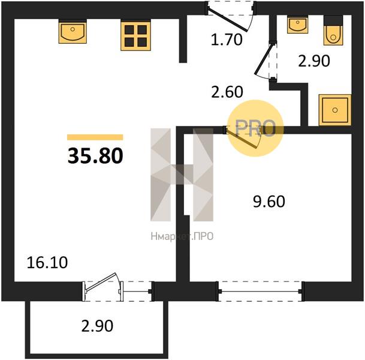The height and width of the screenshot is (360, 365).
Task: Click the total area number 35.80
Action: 95,156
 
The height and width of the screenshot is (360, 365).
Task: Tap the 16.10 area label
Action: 47,262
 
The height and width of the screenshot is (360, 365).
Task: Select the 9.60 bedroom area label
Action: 269,202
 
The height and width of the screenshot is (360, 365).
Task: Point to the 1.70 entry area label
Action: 227,40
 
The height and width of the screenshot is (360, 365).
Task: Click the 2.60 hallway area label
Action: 227,92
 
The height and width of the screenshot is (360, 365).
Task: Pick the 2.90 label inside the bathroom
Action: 314,61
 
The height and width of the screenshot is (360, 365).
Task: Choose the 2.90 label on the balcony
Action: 97,326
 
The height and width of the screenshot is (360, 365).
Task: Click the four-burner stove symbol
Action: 135,35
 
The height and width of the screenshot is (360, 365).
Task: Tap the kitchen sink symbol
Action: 73,31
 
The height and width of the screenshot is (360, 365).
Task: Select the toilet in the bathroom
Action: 333,31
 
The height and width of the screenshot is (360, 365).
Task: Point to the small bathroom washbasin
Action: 297,25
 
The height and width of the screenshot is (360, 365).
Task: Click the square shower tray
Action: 335,110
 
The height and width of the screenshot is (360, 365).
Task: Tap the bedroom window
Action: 260,291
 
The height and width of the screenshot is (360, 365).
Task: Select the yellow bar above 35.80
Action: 95,137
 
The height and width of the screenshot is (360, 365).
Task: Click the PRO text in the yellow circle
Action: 255,128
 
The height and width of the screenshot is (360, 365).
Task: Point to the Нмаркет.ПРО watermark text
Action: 182,236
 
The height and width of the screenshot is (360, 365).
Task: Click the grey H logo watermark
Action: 182,175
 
